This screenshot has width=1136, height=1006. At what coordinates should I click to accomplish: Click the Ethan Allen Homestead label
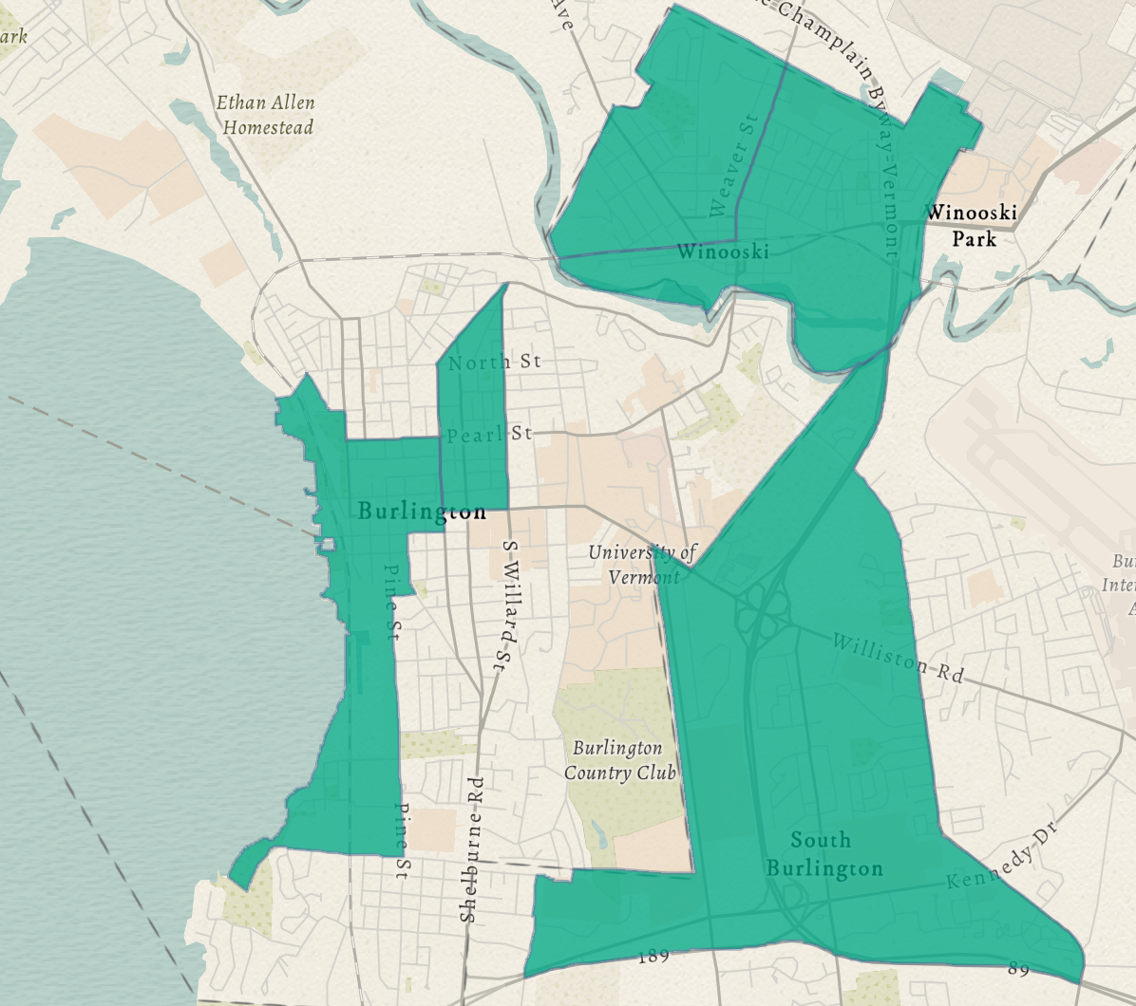point(265,115)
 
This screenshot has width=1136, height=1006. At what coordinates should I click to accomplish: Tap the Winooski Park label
point(974,225)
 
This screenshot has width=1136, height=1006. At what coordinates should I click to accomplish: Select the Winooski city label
point(722,251)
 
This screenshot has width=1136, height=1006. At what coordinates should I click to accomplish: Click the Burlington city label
point(422,512)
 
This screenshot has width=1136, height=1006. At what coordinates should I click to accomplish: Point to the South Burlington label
point(824,854)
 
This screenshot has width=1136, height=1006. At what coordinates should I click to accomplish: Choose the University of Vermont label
point(643,565)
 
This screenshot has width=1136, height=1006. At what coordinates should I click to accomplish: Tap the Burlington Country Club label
point(619,760)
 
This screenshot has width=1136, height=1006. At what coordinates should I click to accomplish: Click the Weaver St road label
point(732,162)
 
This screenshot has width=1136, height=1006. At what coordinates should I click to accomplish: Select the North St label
point(494,362)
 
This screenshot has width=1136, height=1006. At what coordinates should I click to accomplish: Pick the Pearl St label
point(488,435)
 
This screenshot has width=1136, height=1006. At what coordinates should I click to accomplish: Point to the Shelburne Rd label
point(470,849)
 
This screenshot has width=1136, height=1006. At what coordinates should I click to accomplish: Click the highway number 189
point(654,956)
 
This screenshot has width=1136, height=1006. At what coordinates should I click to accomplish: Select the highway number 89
point(1018,968)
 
